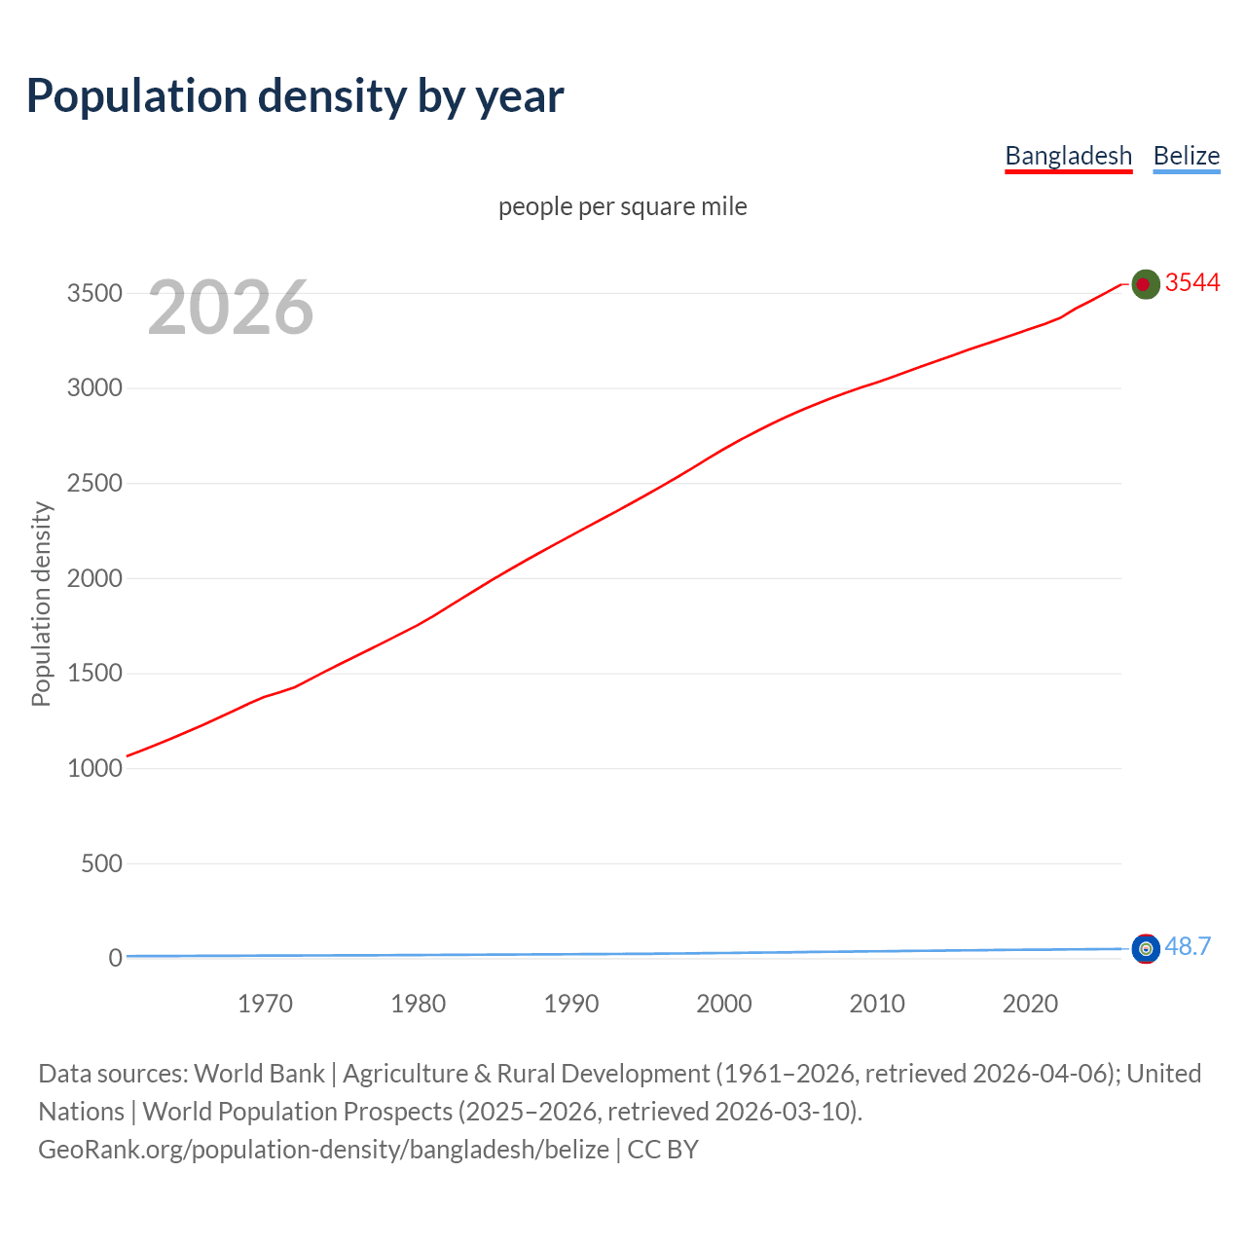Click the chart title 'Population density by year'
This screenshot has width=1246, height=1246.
pos(295,96)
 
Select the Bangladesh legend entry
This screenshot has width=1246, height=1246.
pos(1068,156)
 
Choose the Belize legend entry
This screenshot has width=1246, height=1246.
pos(1186,156)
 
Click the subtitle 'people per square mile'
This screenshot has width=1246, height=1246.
pos(622,207)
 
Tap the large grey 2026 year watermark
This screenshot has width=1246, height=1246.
pos(231,308)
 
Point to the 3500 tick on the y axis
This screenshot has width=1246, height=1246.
pos(94,294)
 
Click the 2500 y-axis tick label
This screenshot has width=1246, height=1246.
pos(94,484)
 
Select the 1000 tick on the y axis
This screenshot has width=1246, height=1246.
pos(94,769)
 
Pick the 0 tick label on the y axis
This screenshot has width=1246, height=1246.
pos(115,959)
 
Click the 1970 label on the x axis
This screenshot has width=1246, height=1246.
pos(265,1004)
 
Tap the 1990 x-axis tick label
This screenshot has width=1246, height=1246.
pos(571,1004)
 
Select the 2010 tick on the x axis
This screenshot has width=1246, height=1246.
pos(877,1004)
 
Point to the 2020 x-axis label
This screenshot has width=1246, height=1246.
pos(1030,1004)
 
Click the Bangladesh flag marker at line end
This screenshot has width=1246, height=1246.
pos(1146,284)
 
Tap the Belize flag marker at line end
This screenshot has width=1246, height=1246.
pos(1146,948)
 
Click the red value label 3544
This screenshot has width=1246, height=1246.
pos(1192,283)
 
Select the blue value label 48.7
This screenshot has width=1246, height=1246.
pos(1188,947)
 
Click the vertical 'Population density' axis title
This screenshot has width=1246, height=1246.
pos(41,604)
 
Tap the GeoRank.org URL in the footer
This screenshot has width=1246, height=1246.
pos(323,1150)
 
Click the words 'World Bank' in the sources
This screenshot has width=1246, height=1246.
pos(259,1074)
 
